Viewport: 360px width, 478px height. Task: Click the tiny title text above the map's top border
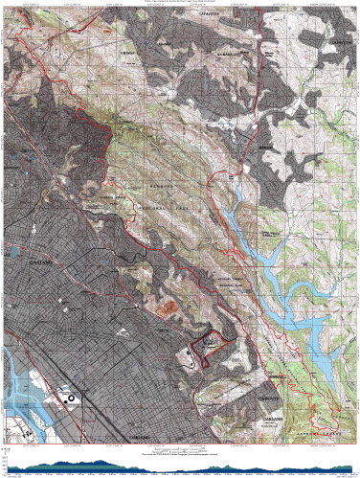click(x=180, y=3)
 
